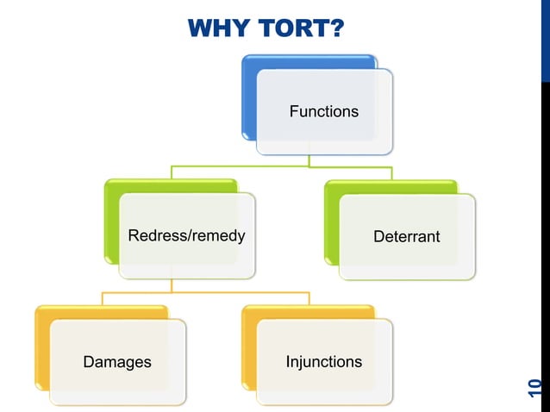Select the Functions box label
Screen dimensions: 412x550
pyautogui.click(x=323, y=112)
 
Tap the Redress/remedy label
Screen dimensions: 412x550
pyautogui.click(x=186, y=235)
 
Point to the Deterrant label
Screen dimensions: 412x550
pyautogui.click(x=406, y=236)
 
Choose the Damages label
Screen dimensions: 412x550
pyautogui.click(x=116, y=362)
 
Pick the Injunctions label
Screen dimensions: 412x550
pyautogui.click(x=323, y=361)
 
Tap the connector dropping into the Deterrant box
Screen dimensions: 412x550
pyautogui.click(x=391, y=172)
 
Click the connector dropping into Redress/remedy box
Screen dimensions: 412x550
pyautogui.click(x=172, y=172)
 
